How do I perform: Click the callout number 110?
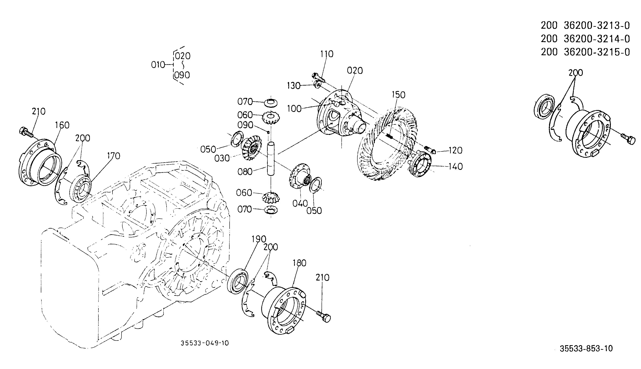point(327,54)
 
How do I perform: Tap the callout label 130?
point(294,86)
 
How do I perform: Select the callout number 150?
point(398,95)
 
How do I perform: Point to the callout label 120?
point(455,151)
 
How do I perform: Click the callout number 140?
point(455,167)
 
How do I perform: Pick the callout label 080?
point(245,172)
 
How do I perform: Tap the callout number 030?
point(222,158)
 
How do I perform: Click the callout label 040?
point(300,203)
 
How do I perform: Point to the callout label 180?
point(299,263)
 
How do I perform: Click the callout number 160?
point(62,125)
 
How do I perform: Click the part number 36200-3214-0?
point(597,39)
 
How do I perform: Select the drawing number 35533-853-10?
point(586,348)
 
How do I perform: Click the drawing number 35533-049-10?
point(204,343)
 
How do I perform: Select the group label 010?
point(158,65)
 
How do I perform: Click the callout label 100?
point(294,109)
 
